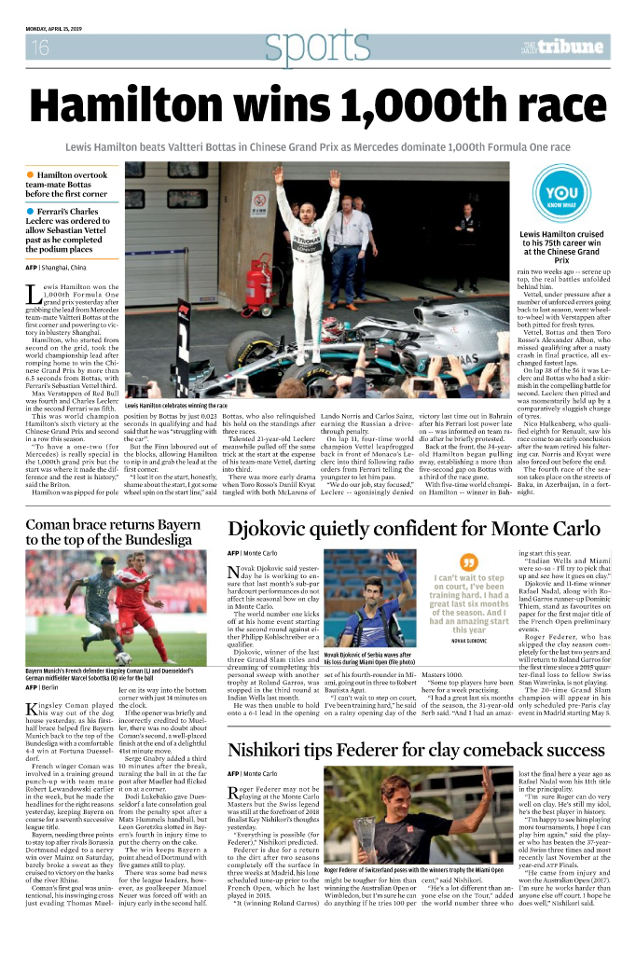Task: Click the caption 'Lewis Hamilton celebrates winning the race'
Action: pos(176,406)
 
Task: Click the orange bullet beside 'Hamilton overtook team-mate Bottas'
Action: pos(31,175)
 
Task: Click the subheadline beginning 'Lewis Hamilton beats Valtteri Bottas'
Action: pos(317,147)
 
